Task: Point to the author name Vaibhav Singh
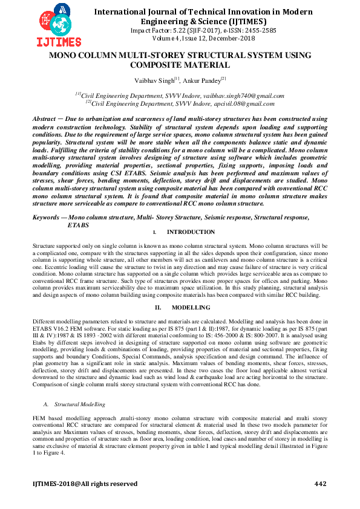(x=154, y=80)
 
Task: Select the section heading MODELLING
(x=195, y=307)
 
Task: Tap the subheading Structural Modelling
(x=79, y=403)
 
